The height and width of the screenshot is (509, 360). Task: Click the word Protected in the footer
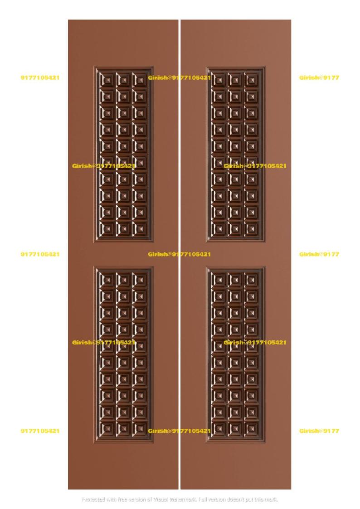pyautogui.click(x=93, y=499)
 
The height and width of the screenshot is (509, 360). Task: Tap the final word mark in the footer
pyautogui.click(x=271, y=499)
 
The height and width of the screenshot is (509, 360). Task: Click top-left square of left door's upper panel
pyautogui.click(x=107, y=80)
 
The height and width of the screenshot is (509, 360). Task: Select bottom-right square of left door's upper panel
pyautogui.click(x=140, y=228)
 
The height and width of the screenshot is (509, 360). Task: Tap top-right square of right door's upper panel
pyautogui.click(x=251, y=80)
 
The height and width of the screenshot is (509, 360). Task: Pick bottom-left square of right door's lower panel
pyautogui.click(x=219, y=428)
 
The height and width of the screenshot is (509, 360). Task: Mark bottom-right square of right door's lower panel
pyautogui.click(x=251, y=428)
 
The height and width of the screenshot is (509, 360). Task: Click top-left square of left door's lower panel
pyautogui.click(x=107, y=280)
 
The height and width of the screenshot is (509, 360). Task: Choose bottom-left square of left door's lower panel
pyautogui.click(x=107, y=428)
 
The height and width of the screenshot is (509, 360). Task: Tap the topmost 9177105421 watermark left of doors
pyautogui.click(x=40, y=78)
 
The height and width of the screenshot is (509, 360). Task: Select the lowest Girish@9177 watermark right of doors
pyautogui.click(x=319, y=431)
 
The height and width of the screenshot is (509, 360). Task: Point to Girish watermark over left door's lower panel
pyautogui.click(x=104, y=343)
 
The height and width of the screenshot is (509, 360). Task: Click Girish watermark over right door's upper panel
pyautogui.click(x=255, y=166)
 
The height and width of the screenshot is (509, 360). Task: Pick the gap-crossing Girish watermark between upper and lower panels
pyautogui.click(x=179, y=254)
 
